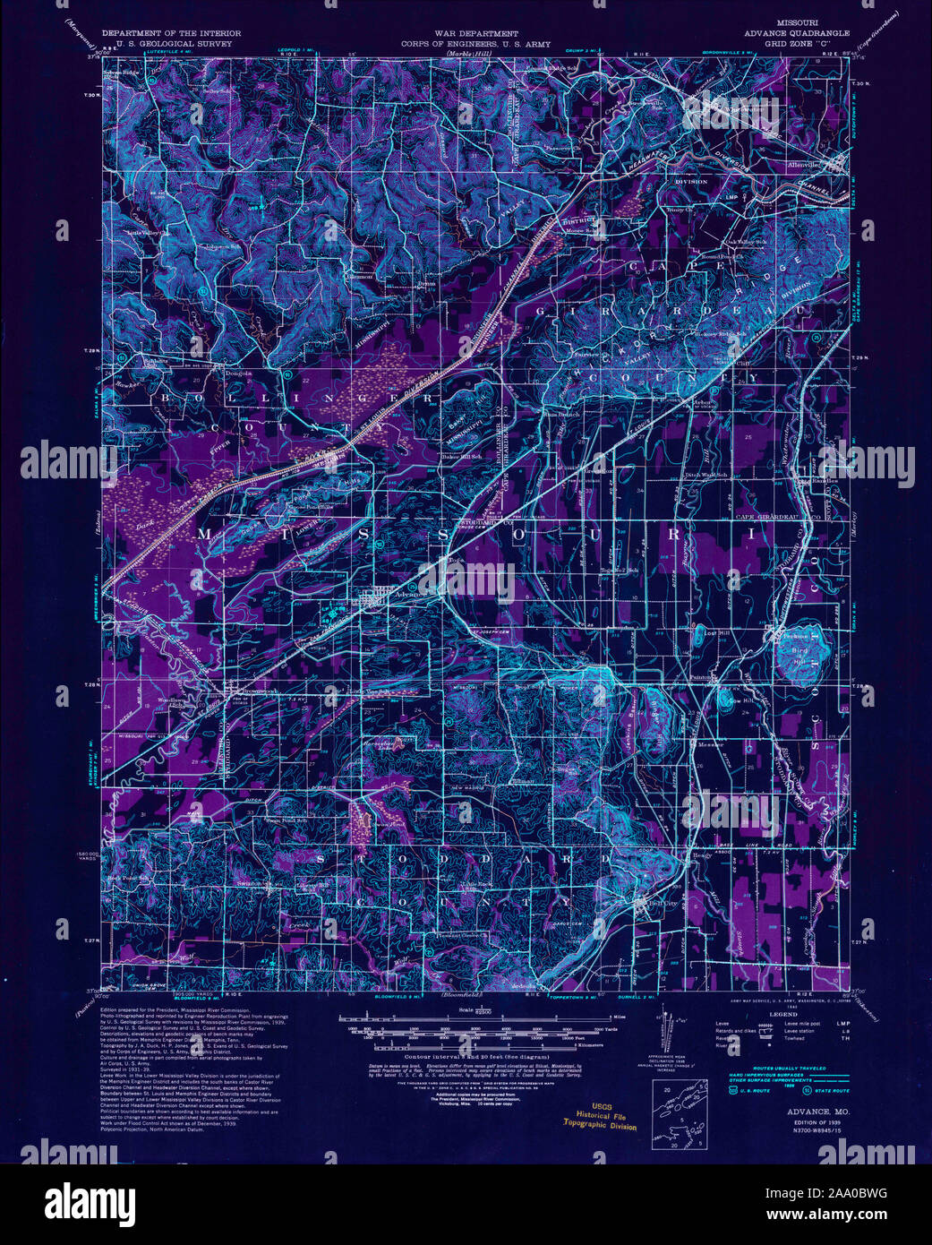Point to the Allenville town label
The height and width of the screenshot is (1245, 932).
(804, 166)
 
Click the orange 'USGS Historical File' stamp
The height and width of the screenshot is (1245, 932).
(600, 1116)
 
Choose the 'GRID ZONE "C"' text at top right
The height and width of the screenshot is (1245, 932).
(784, 43)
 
